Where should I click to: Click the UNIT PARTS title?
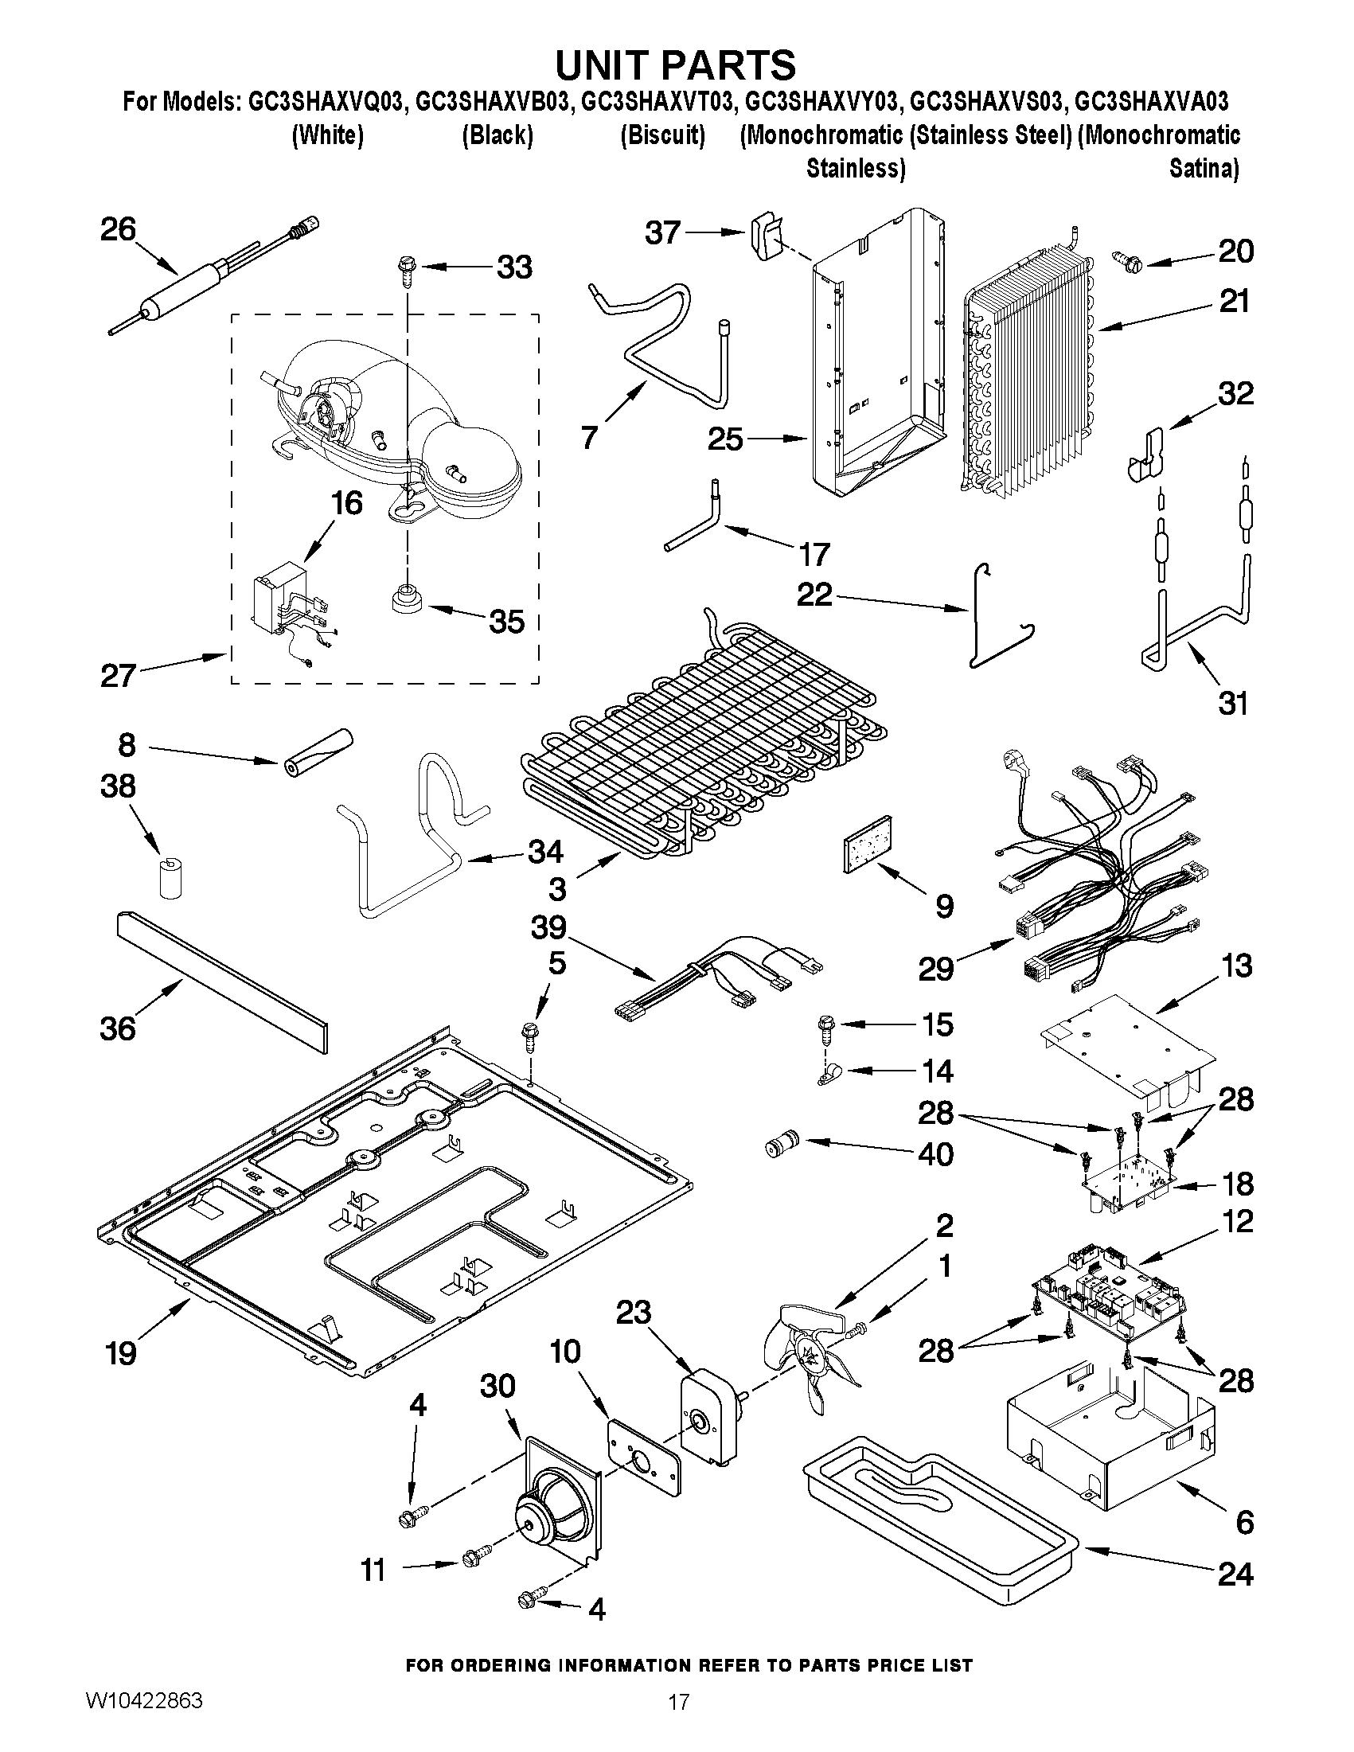676,64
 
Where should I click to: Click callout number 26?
118,230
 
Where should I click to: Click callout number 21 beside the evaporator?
1235,302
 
